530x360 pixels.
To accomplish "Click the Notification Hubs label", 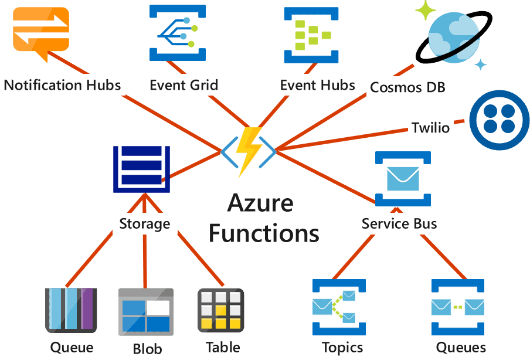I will [62, 85].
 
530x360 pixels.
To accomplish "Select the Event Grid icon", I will [177, 33].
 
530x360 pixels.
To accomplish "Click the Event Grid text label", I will [184, 85].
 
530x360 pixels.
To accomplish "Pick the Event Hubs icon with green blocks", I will [311, 35].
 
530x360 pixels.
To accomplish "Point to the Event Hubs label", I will [317, 85].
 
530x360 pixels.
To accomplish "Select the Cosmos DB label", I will [407, 88].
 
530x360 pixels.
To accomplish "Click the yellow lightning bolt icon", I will [248, 151].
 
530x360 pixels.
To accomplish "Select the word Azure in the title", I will [260, 203].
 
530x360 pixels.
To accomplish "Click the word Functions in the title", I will [264, 232].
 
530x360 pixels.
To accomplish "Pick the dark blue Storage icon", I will [141, 169].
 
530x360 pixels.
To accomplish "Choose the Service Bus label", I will [399, 223].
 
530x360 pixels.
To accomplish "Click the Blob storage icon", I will [145, 311].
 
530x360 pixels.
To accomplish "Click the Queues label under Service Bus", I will [461, 347].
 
